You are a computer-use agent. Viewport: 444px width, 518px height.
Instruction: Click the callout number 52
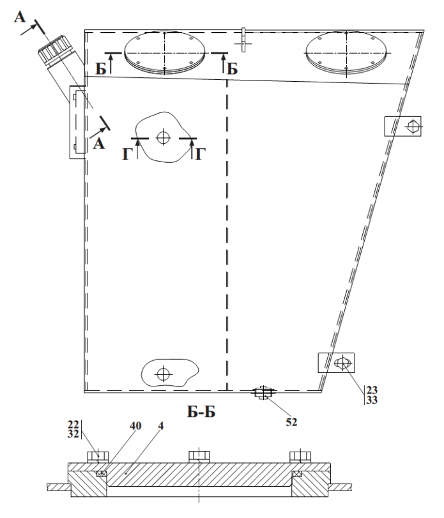point(291,422)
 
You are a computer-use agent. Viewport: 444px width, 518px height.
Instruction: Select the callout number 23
point(372,390)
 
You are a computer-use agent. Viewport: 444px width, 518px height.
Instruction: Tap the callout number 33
point(372,400)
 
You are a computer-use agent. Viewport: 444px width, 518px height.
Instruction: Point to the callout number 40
point(135,426)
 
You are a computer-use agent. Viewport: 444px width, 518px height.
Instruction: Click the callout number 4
point(160,426)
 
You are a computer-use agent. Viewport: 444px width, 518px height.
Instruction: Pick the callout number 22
point(73,424)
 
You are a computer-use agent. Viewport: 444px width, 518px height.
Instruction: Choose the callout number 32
point(73,434)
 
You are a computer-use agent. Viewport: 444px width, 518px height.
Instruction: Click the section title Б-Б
point(201,411)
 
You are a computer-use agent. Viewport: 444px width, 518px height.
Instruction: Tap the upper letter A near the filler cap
point(20,17)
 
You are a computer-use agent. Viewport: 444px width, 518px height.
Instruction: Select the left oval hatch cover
point(165,52)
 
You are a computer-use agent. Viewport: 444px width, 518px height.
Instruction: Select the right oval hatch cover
point(346,52)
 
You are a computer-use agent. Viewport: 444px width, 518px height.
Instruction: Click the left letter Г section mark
point(127,154)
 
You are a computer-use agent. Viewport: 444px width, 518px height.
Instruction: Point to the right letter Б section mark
point(233,69)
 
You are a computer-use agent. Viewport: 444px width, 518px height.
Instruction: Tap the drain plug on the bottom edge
point(263,392)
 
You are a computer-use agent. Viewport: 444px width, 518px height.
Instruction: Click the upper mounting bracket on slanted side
point(402,126)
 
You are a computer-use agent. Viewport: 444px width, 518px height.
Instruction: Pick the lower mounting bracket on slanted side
point(336,363)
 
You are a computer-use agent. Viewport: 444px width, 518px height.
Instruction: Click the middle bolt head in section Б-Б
point(199,457)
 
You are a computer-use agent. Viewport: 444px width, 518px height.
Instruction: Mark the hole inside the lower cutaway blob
point(163,374)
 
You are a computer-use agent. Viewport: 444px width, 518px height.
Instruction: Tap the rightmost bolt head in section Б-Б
point(300,457)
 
